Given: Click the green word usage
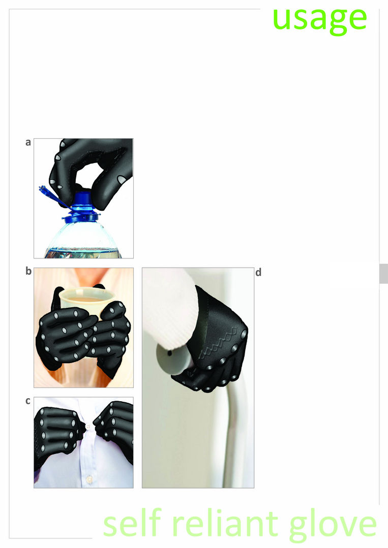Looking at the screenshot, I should [320, 19].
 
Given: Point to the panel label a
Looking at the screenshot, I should [28, 143].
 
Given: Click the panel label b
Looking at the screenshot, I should [28, 271].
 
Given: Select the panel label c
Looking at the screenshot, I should [28, 401].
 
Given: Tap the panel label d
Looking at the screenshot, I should [258, 273].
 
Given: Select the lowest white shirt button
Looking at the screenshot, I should [89, 478].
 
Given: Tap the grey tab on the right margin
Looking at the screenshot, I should [384, 273].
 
